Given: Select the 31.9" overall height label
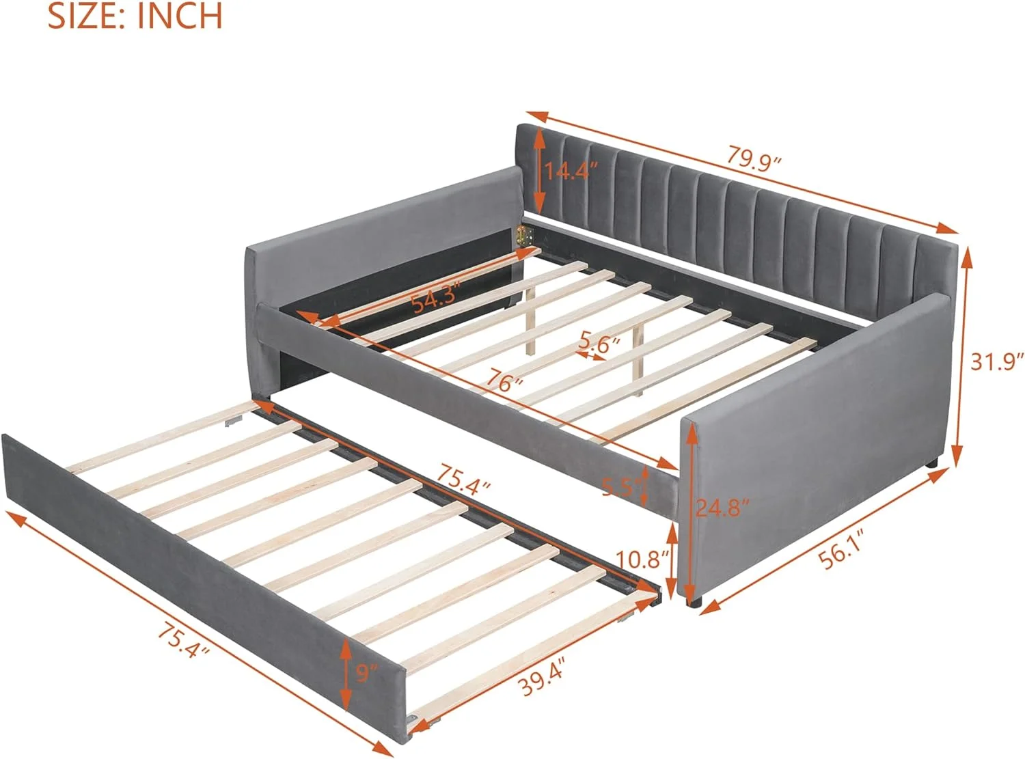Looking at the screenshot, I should [x=997, y=361].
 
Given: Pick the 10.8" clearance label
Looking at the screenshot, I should [x=642, y=560].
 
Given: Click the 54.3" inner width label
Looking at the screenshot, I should [x=441, y=299].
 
